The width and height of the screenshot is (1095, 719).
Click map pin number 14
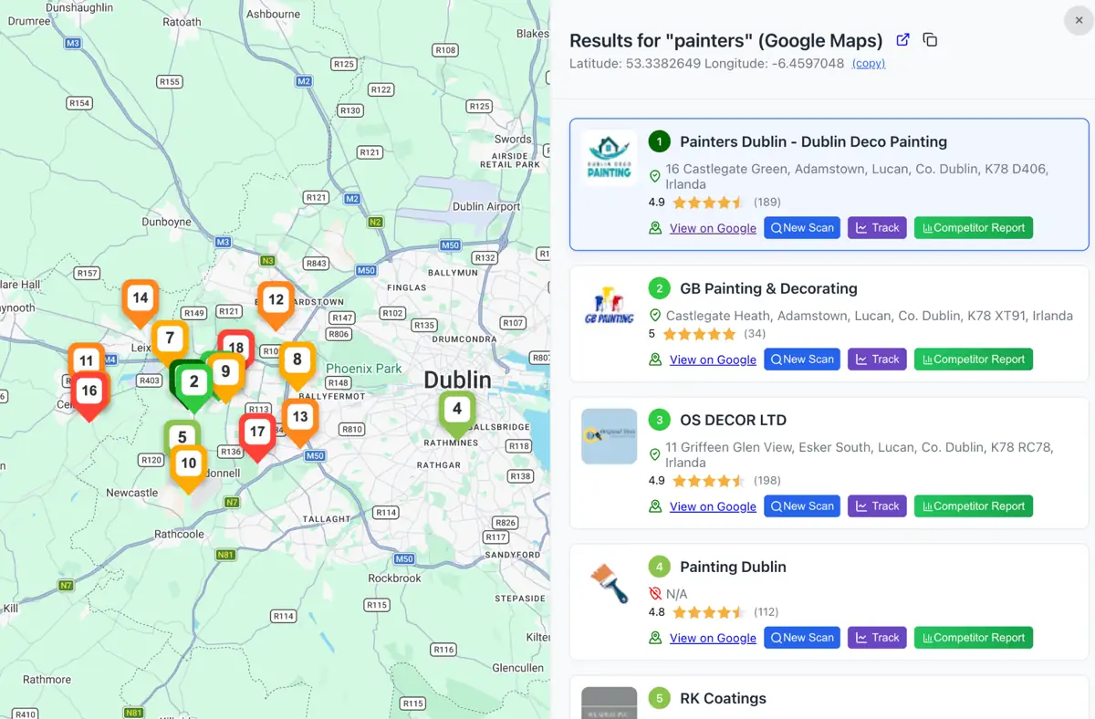(x=140, y=299)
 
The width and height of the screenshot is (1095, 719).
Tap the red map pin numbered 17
(x=257, y=433)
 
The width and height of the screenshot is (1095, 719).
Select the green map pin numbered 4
(x=457, y=411)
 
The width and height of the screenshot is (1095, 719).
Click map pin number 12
(x=276, y=301)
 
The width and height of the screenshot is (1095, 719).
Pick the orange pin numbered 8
(x=297, y=360)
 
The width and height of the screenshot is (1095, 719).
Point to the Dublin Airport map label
(x=486, y=206)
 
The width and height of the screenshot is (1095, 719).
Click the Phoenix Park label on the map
(x=364, y=369)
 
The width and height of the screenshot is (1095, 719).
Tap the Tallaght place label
(x=326, y=518)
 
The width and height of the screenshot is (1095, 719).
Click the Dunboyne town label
(x=166, y=222)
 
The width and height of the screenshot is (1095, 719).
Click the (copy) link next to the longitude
(x=868, y=64)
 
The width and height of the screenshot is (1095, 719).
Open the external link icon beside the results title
(x=902, y=40)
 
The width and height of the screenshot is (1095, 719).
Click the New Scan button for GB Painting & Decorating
(x=802, y=359)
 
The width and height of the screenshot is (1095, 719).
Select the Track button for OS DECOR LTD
(x=877, y=506)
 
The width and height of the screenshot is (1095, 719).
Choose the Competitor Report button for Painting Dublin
(x=973, y=638)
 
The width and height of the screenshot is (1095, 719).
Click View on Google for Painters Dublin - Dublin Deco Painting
(x=712, y=228)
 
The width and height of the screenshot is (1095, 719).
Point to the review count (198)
(x=766, y=481)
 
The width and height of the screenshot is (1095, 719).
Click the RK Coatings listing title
(x=723, y=699)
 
